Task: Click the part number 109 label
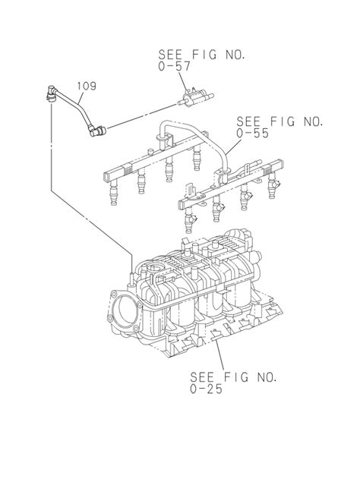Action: pos(87,86)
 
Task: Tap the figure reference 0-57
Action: pos(174,67)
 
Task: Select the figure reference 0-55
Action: pos(253,134)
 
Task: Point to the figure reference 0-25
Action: pos(206,389)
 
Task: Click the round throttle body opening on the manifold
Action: pos(124,310)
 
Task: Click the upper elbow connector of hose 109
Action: pos(52,93)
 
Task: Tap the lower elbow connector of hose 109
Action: pos(97,131)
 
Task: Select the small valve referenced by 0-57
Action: pos(195,97)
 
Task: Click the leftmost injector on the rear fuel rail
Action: pos(114,194)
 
